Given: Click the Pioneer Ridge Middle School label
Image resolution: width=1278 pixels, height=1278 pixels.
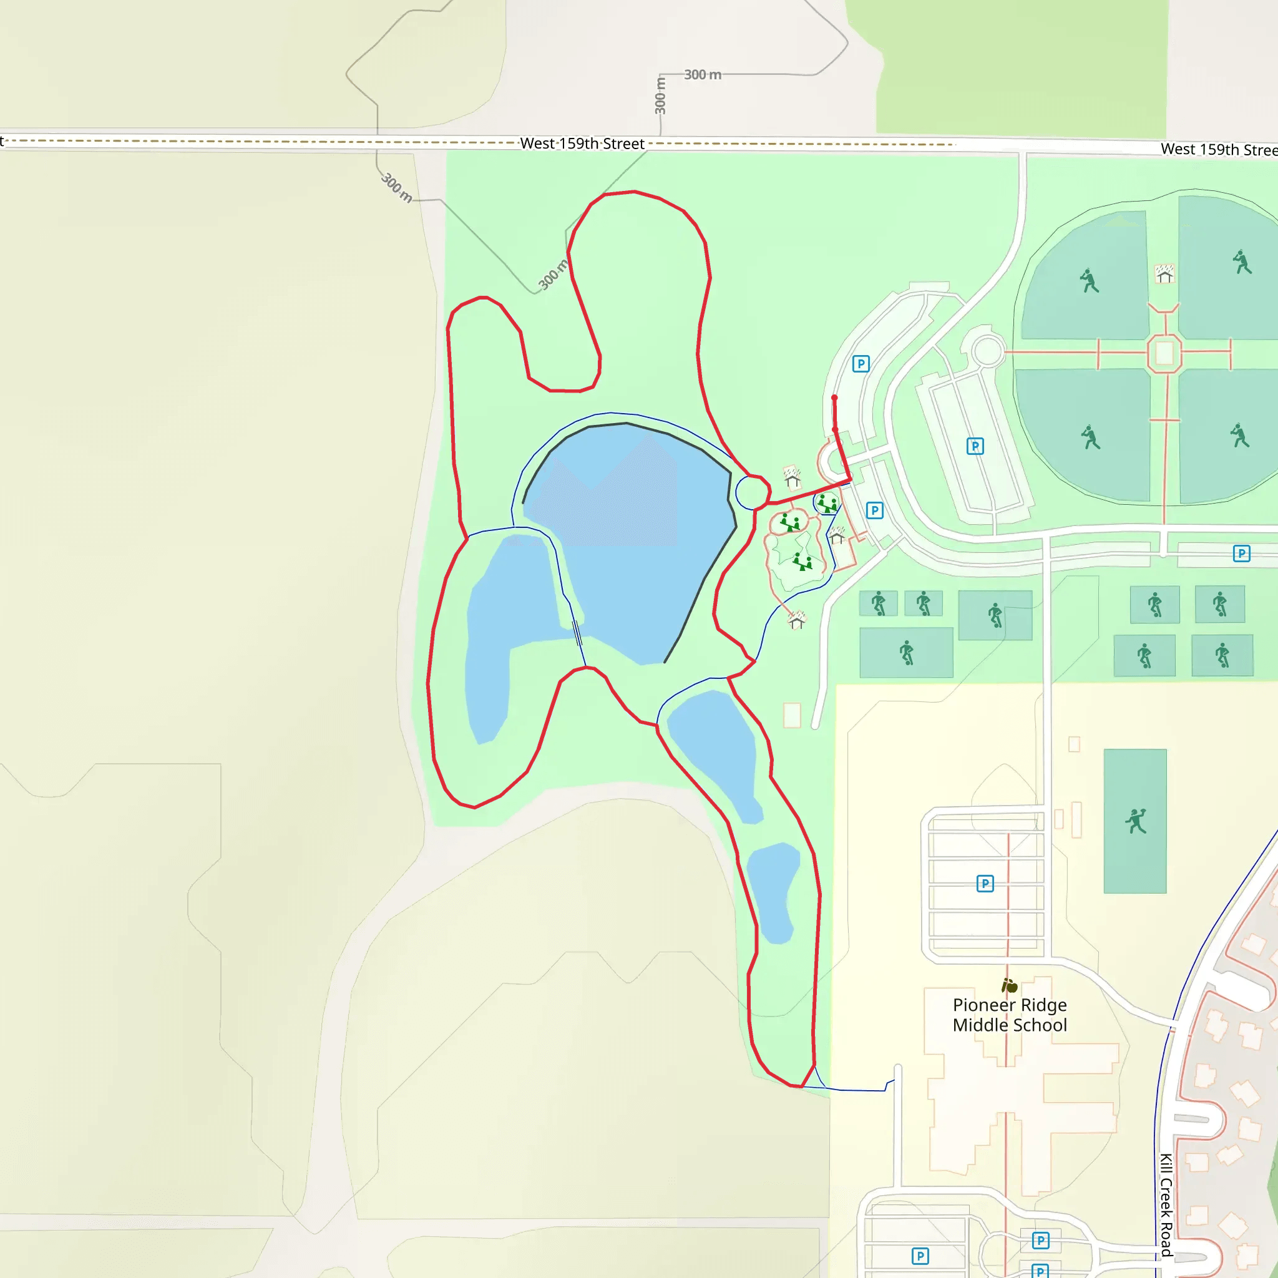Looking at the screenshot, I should pyautogui.click(x=1010, y=1015).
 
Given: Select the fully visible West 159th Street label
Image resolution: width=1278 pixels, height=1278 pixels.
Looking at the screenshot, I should pyautogui.click(x=582, y=144).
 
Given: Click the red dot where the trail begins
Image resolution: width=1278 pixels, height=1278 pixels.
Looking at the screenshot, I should pyautogui.click(x=834, y=398).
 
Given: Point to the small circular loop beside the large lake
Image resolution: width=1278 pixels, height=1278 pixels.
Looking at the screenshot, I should pyautogui.click(x=752, y=493).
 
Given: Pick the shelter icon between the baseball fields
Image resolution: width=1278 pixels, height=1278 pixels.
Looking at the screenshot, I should pyautogui.click(x=1164, y=274).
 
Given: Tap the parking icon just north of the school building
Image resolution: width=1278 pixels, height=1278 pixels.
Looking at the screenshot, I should pyautogui.click(x=985, y=883).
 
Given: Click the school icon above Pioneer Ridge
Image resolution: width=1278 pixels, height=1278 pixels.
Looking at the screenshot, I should pyautogui.click(x=1010, y=985).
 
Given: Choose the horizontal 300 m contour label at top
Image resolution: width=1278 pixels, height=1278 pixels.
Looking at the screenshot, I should pyautogui.click(x=703, y=75).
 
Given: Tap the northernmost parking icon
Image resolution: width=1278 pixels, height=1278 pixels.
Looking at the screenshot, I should pyautogui.click(x=861, y=364).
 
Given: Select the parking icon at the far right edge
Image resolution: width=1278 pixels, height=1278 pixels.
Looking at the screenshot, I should pyautogui.click(x=1242, y=554).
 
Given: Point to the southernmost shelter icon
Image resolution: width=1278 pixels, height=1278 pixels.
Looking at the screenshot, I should pyautogui.click(x=797, y=620).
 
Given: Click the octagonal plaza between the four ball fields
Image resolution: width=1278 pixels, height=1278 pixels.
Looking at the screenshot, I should pyautogui.click(x=1164, y=353).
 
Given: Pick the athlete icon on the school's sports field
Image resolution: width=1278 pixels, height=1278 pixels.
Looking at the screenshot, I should pyautogui.click(x=1135, y=821).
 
